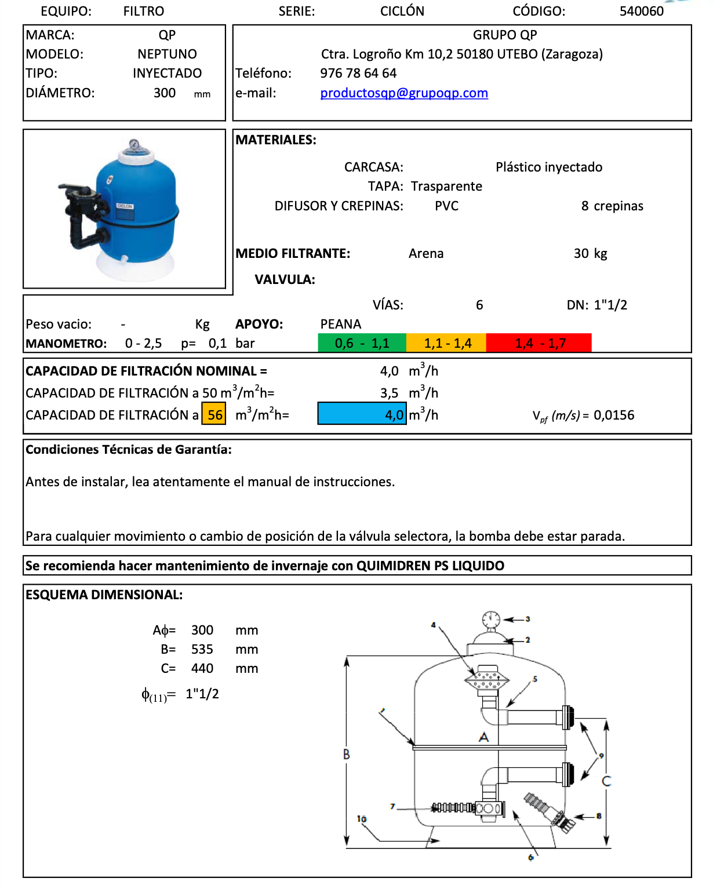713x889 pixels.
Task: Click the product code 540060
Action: (641, 12)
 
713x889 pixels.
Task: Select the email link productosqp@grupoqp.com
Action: (404, 93)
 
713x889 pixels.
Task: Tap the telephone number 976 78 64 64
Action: (358, 74)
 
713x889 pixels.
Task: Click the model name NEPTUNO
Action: (167, 54)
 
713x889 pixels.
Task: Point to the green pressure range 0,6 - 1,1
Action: (362, 343)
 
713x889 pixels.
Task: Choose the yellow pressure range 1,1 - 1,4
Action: (447, 343)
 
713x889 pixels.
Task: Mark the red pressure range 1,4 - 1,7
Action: (539, 343)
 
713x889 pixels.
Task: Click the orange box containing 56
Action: (214, 415)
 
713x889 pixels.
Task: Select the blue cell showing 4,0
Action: (362, 415)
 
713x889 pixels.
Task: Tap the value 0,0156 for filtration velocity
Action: (614, 416)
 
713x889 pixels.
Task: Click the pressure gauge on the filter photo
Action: (134, 144)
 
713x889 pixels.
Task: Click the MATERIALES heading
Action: (276, 140)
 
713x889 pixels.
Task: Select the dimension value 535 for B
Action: (202, 650)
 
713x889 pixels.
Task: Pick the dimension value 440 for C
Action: (202, 669)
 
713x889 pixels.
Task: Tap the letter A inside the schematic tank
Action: (483, 737)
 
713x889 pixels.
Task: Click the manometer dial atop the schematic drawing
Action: (491, 619)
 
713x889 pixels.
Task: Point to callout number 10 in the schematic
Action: (362, 819)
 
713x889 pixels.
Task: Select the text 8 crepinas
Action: (612, 206)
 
